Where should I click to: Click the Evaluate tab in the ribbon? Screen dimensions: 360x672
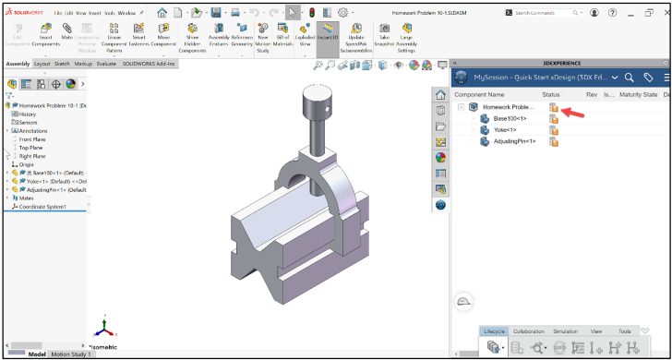pyautogui.click(x=106, y=64)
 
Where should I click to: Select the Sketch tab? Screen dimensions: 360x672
pyautogui.click(x=62, y=64)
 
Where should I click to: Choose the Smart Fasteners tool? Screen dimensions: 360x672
pyautogui.click(x=139, y=36)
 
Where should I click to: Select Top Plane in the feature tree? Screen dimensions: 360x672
pyautogui.click(x=30, y=148)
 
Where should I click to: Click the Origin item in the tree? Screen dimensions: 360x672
pyautogui.click(x=26, y=164)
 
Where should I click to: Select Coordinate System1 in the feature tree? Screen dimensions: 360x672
pyautogui.click(x=42, y=206)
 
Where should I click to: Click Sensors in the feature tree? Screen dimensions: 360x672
pyautogui.click(x=28, y=122)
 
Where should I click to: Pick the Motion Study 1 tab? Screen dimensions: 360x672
pyautogui.click(x=72, y=354)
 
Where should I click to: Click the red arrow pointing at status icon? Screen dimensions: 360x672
pyautogui.click(x=574, y=113)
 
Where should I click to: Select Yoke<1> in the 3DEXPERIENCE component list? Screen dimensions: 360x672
pyautogui.click(x=507, y=130)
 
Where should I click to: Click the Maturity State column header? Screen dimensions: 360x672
pyautogui.click(x=637, y=94)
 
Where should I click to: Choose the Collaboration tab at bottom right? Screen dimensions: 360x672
pyautogui.click(x=529, y=330)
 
